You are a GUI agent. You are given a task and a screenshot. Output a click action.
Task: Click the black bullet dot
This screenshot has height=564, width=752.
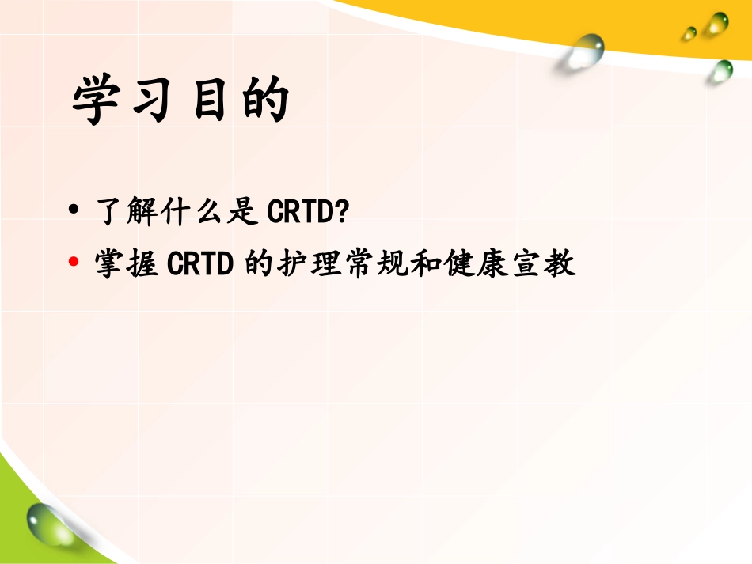74,211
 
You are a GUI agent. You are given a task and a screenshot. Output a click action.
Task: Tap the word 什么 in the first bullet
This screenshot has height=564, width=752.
195,212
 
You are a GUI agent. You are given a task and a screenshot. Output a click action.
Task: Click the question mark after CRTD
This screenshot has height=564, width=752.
343,212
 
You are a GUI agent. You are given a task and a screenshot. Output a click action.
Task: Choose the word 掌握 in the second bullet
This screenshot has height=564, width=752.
126,263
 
